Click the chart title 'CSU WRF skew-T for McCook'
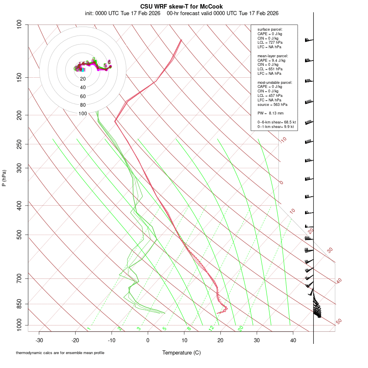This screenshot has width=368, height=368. click(x=182, y=7)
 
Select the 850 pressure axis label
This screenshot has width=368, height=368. click(x=20, y=304)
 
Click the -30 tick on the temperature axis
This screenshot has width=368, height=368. click(x=39, y=340)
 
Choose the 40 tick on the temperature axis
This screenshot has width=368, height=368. click(x=293, y=340)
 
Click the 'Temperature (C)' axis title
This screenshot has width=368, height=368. click(x=181, y=352)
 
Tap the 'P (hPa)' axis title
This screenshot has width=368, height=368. click(x=4, y=178)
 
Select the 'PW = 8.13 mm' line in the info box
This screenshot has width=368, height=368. click(x=271, y=113)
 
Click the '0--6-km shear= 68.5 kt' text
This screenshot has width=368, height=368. click(x=276, y=122)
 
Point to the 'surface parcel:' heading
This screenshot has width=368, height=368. click(x=270, y=29)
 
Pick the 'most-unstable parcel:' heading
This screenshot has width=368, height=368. click(x=275, y=82)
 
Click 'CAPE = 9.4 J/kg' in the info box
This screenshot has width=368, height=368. click(x=272, y=60)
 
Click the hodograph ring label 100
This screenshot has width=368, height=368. click(x=83, y=114)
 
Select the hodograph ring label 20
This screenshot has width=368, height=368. click(x=83, y=79)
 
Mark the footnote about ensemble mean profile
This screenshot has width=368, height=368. click(x=60, y=352)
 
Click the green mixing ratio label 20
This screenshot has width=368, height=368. click(x=241, y=328)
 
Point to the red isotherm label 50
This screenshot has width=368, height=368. click(x=339, y=322)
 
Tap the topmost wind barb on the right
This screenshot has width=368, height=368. click(x=309, y=40)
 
